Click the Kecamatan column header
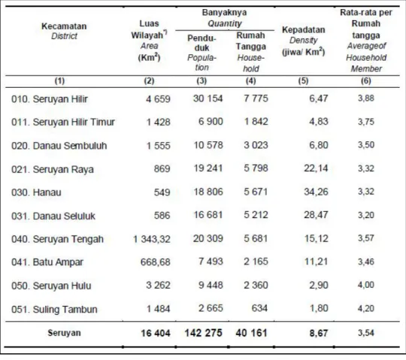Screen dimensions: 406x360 pyautogui.click(x=64, y=26)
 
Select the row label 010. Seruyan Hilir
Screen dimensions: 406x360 pyautogui.click(x=50, y=99)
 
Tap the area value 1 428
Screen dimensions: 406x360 pyautogui.click(x=159, y=122)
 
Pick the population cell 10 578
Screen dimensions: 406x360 pyautogui.click(x=208, y=145)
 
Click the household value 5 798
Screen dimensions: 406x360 pyautogui.click(x=256, y=168)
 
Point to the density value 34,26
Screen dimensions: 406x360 pyautogui.click(x=316, y=192)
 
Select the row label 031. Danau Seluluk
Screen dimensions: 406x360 pyautogui.click(x=53, y=216)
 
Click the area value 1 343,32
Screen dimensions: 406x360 pyautogui.click(x=152, y=239)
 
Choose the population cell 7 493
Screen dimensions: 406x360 pyautogui.click(x=211, y=262)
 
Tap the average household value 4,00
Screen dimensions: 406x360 pyautogui.click(x=366, y=285)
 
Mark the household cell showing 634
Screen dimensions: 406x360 pyautogui.click(x=259, y=308)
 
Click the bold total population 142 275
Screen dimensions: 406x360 pyautogui.click(x=203, y=333)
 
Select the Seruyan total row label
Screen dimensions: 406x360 pyautogui.click(x=64, y=333)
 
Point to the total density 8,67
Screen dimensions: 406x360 pyautogui.click(x=319, y=333)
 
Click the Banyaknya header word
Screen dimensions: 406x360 pyautogui.click(x=224, y=12)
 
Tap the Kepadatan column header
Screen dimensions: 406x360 pyautogui.click(x=304, y=30)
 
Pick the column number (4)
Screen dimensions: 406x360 pyautogui.click(x=250, y=81)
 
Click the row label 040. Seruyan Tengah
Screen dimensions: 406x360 pyautogui.click(x=57, y=240)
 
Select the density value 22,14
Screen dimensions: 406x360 pyautogui.click(x=316, y=168)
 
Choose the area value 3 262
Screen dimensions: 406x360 pyautogui.click(x=158, y=285)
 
